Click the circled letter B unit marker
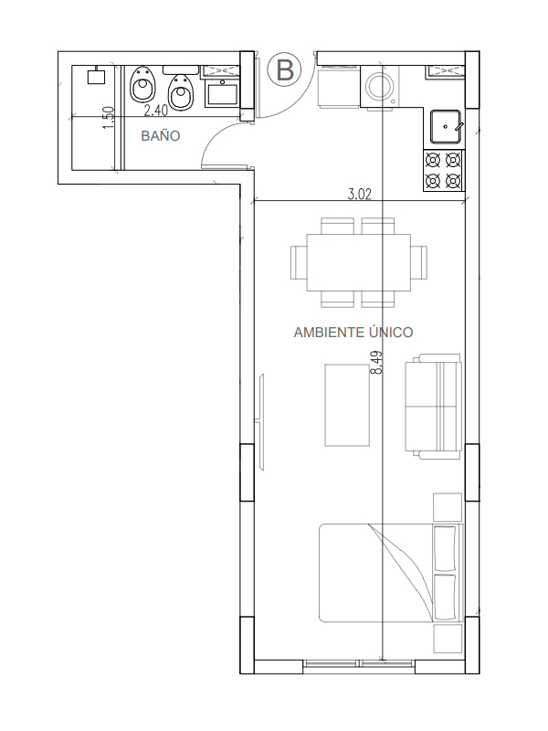click(284, 70)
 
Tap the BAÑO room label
click(161, 135)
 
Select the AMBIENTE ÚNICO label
click(353, 333)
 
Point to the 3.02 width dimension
click(360, 194)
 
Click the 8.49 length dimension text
click(376, 362)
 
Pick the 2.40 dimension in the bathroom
click(155, 111)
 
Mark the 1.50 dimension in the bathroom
click(108, 119)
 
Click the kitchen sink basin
click(446, 126)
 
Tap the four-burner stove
click(443, 170)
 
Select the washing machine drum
click(380, 85)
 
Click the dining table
click(358, 262)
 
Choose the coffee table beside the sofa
click(347, 405)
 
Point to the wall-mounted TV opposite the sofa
click(261, 422)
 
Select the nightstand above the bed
click(448, 507)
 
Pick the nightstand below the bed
click(448, 639)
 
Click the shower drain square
click(97, 76)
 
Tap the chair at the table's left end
click(299, 262)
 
